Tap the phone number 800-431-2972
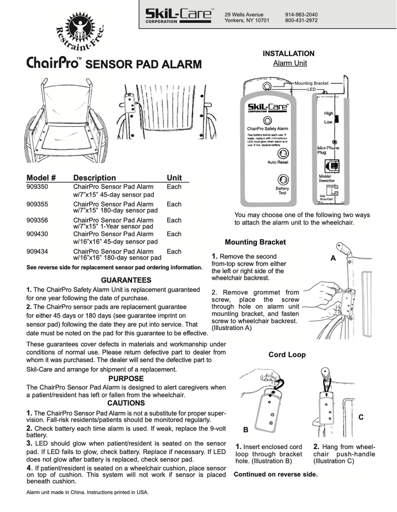pos(301,21)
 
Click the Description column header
pos(94,178)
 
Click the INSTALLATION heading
pos(288,53)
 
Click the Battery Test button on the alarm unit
pos(282,180)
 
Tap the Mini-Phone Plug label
pos(328,150)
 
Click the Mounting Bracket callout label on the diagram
pos(311,83)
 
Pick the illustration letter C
pos(361,418)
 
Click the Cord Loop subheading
pos(287,355)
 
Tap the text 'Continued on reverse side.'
pos(275,474)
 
